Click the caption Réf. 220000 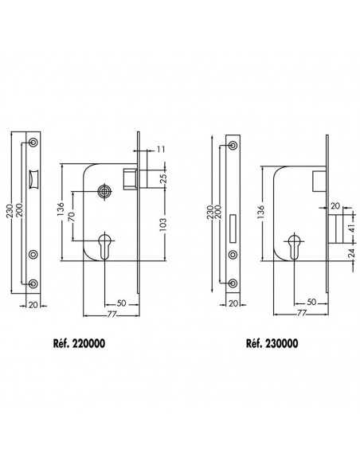(79, 343)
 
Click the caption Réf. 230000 (272, 343)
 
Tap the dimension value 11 (161, 149)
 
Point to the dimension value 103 (164, 224)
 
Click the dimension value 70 (72, 217)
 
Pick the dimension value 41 (350, 229)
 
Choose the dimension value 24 (350, 252)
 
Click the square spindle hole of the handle (104, 192)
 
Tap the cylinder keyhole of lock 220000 (104, 245)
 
